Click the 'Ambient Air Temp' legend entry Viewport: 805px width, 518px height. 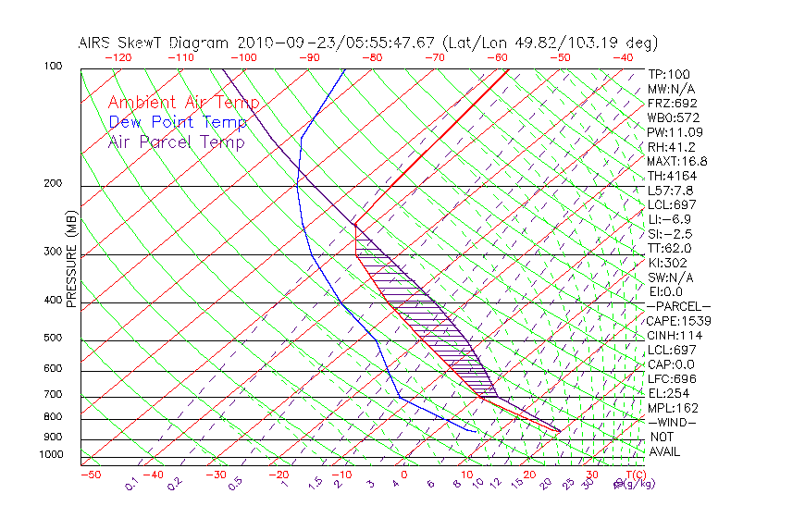click(x=183, y=103)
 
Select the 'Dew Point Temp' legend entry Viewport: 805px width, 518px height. click(x=178, y=122)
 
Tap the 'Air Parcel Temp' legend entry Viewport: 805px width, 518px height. click(x=177, y=142)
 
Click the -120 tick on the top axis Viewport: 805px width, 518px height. click(x=118, y=57)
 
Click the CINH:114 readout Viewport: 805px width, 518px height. click(x=675, y=335)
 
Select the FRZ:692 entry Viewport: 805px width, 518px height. click(x=673, y=103)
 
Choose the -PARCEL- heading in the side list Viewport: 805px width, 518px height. click(x=678, y=306)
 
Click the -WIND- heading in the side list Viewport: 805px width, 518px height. click(x=672, y=422)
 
